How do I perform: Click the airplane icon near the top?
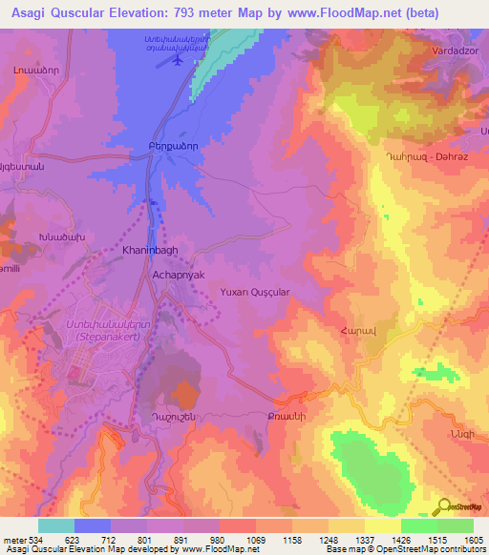point(178,59)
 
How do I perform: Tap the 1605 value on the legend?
point(474,540)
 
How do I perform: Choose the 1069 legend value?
point(256,540)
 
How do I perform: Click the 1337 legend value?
point(365,540)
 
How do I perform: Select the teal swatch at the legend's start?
point(56,525)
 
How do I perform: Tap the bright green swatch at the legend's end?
point(455,525)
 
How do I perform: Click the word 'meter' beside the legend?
point(14,540)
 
